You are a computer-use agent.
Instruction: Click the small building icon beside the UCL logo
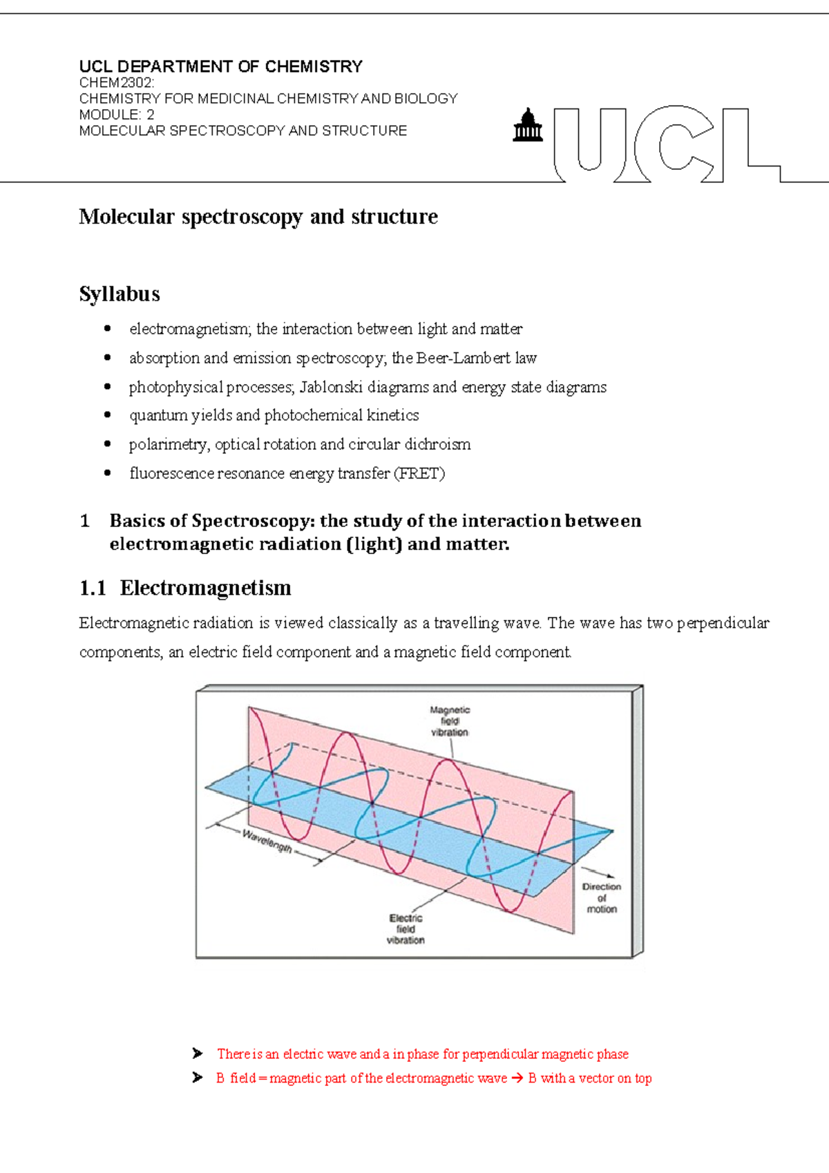point(528,126)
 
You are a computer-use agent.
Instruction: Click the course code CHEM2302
point(115,83)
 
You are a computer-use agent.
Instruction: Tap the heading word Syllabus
point(120,294)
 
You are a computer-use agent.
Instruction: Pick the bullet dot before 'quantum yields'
point(107,415)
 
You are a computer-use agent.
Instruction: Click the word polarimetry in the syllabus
point(168,444)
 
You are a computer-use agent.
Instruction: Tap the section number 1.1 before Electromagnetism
point(93,588)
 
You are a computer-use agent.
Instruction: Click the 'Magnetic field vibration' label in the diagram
point(450,721)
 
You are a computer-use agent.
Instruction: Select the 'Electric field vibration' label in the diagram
point(406,929)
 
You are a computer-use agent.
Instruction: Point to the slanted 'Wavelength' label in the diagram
point(267,841)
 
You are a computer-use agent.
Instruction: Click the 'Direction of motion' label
point(601,897)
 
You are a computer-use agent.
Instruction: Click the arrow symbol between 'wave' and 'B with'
point(517,1078)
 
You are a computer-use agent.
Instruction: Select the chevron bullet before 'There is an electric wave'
point(198,1053)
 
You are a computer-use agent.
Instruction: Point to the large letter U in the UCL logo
point(590,142)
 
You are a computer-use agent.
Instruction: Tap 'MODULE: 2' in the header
point(117,115)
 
